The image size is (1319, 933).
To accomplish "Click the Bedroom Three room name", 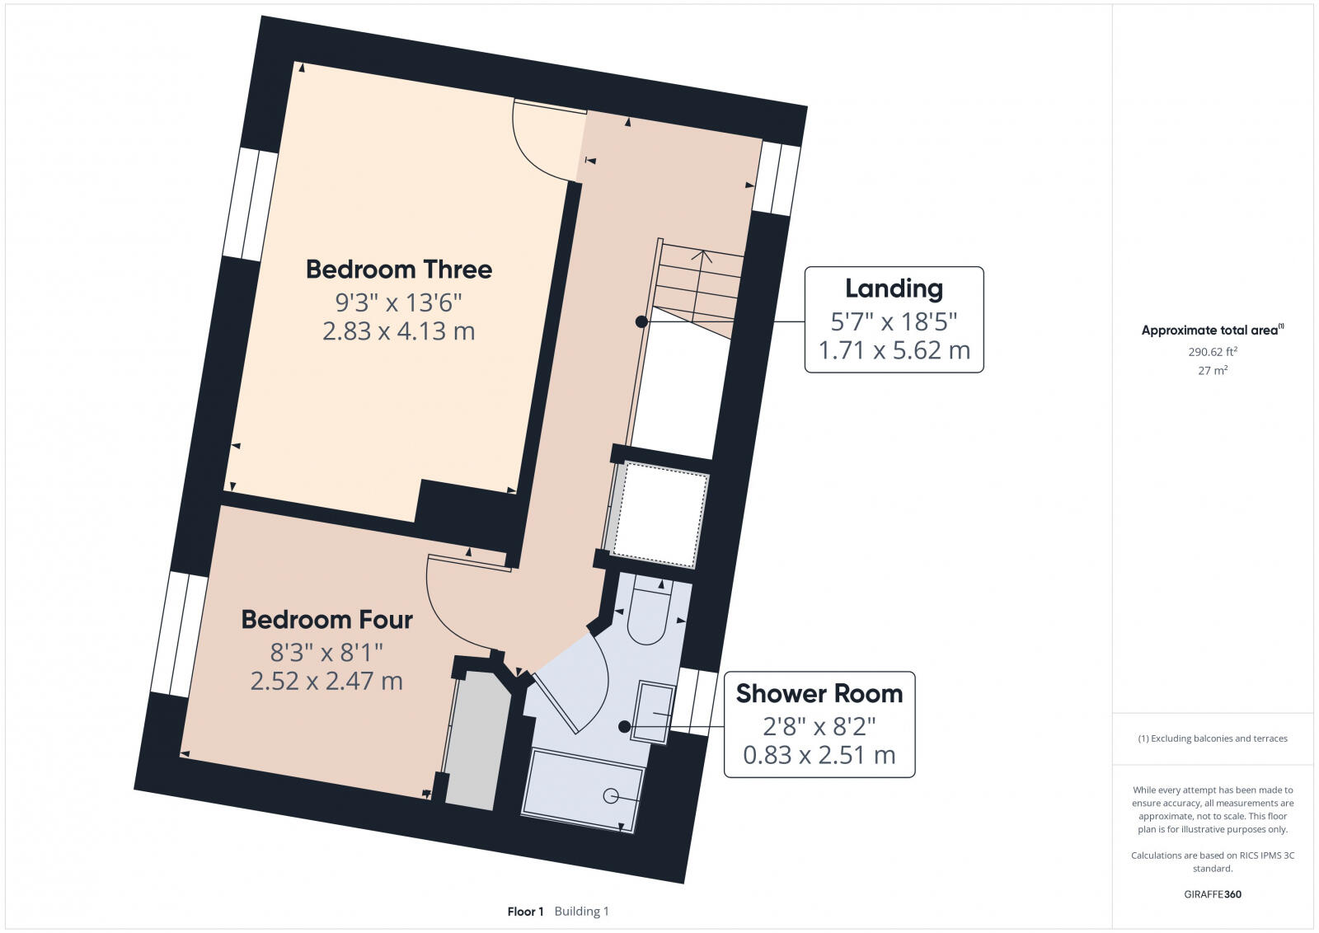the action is coord(399,270).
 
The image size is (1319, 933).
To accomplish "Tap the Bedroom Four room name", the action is coord(326,620).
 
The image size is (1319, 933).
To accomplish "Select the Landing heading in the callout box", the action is coord(894,288).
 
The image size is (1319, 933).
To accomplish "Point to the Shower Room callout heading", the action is coord(819,693).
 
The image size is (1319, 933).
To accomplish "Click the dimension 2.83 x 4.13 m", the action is coord(399,331).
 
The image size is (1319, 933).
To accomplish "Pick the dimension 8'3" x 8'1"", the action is coord(326,652).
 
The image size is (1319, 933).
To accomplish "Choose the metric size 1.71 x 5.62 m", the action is coord(894,350).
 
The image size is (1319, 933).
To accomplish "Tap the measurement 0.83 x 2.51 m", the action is coord(819,755).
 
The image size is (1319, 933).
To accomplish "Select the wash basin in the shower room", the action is coord(654,712).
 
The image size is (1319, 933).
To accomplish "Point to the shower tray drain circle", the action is coord(611,796).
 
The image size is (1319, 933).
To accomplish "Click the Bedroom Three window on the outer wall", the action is coord(251,204).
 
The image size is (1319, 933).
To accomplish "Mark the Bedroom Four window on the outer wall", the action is coord(179,634).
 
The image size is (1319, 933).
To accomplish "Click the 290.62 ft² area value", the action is coord(1213,352).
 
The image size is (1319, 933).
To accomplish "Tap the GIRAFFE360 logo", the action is coord(1213,894).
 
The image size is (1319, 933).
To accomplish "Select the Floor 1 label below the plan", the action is coord(525,912).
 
